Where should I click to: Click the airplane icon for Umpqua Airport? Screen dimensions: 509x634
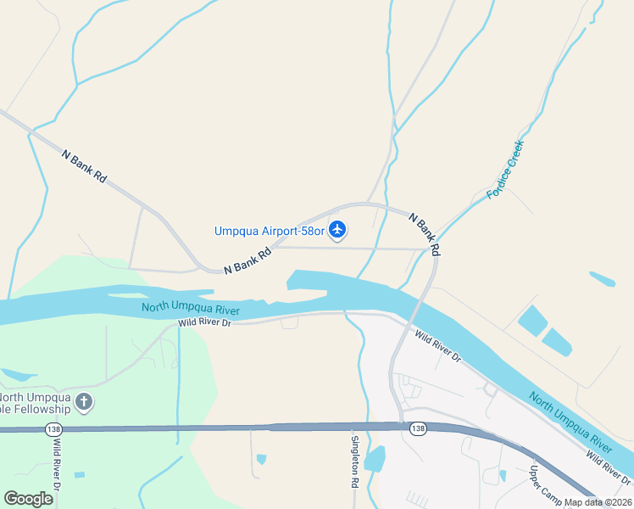click(x=337, y=229)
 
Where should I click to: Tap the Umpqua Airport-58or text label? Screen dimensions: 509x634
click(x=270, y=230)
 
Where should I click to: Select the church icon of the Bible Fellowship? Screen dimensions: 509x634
click(x=83, y=402)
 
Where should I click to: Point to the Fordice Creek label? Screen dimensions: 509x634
click(x=505, y=170)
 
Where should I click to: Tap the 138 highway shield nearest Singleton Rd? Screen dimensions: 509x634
click(x=418, y=429)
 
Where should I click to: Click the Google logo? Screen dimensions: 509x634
click(x=28, y=499)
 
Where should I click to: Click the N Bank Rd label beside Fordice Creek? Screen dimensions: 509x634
click(x=425, y=235)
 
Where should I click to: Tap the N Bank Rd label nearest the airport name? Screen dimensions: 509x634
click(x=247, y=260)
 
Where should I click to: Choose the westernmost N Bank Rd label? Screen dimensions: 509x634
click(x=85, y=165)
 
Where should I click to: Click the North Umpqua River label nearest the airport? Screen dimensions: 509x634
click(x=191, y=309)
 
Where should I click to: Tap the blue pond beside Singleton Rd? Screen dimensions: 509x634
click(x=374, y=458)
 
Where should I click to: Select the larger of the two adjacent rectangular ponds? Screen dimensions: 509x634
click(x=532, y=320)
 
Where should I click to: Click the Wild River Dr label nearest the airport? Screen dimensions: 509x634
click(x=204, y=322)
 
